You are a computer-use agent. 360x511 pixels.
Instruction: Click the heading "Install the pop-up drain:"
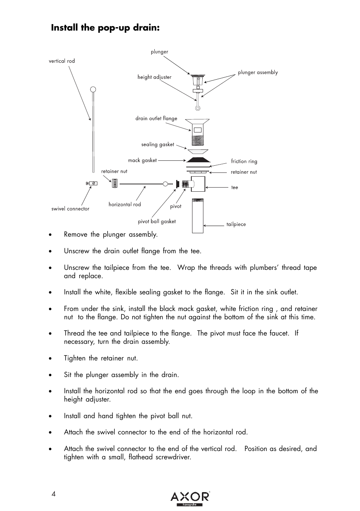[x=105, y=28]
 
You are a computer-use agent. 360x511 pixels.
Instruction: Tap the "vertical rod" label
[x=62, y=61]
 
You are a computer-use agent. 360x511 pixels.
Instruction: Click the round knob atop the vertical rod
[x=93, y=90]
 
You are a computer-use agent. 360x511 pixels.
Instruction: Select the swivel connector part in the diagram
[x=92, y=183]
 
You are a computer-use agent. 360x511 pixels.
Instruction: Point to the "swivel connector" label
[x=71, y=209]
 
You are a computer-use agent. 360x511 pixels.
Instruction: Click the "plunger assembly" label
[x=258, y=72]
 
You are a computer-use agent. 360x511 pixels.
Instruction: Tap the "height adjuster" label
[x=154, y=77]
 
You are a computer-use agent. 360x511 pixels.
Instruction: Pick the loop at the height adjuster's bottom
[x=197, y=108]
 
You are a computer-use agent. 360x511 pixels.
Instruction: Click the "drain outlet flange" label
[x=156, y=119]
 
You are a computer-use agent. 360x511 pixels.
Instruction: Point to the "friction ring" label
[x=244, y=162]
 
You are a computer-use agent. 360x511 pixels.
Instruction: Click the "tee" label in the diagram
[x=235, y=188]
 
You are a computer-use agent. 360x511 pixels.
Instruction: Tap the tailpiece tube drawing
[x=198, y=216]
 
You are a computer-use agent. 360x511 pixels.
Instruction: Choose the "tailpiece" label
[x=236, y=224]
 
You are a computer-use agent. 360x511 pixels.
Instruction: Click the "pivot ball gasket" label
[x=157, y=222]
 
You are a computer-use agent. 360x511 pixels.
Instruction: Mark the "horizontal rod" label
[x=125, y=205]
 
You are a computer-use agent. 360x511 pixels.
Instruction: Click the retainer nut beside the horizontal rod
[x=114, y=184]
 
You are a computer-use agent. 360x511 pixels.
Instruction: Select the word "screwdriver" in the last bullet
[x=173, y=457]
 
